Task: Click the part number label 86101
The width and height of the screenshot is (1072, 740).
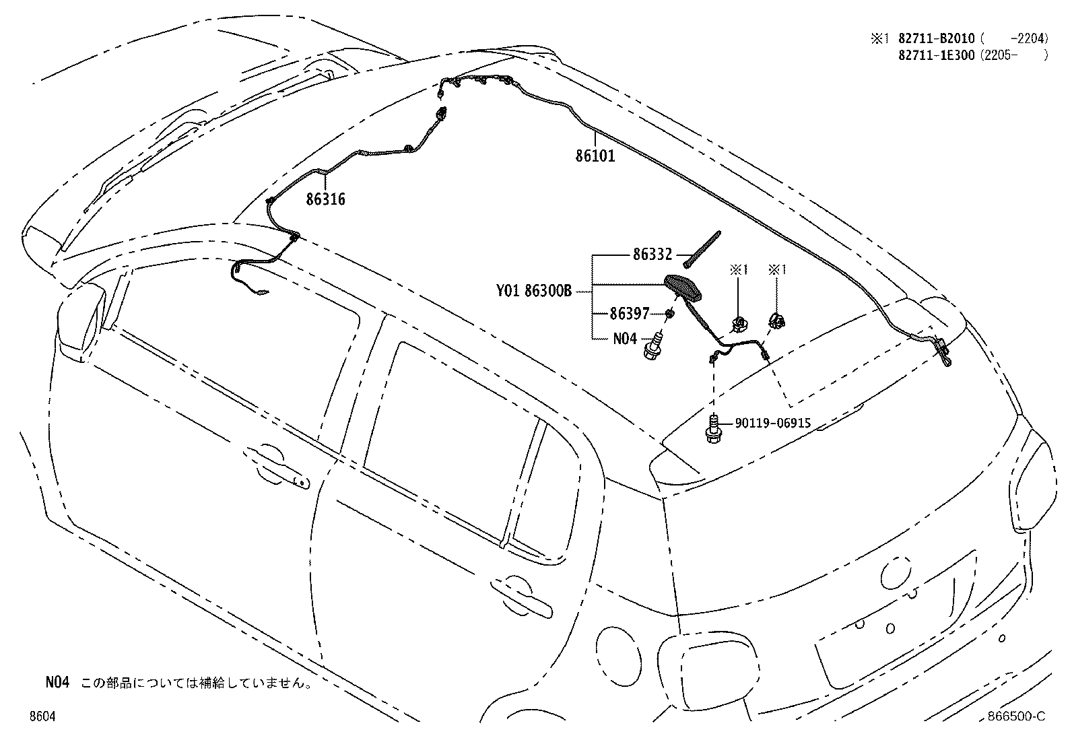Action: click(x=595, y=156)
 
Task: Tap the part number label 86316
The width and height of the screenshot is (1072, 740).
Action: click(x=325, y=199)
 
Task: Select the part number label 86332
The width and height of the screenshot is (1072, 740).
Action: click(x=652, y=254)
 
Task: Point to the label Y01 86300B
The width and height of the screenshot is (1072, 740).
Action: click(x=534, y=290)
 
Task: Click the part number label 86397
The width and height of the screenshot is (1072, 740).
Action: click(x=630, y=314)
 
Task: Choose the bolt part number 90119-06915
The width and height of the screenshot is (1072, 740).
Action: click(x=773, y=423)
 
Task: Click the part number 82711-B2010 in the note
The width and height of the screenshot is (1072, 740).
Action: click(x=937, y=38)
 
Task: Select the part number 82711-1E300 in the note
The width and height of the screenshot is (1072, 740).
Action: click(x=937, y=55)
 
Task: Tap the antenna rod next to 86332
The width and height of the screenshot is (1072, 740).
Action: click(x=702, y=250)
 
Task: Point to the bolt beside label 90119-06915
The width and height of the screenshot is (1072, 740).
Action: click(x=713, y=428)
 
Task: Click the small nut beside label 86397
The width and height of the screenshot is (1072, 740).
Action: click(x=670, y=314)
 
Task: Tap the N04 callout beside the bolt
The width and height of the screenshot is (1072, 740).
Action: click(x=625, y=339)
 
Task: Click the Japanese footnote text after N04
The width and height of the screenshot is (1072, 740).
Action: click(x=197, y=682)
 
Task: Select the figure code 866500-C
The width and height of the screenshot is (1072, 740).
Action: click(x=1017, y=716)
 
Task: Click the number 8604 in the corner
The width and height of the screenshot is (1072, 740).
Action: click(x=42, y=716)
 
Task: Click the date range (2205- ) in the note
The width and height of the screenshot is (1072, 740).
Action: click(x=1014, y=55)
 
